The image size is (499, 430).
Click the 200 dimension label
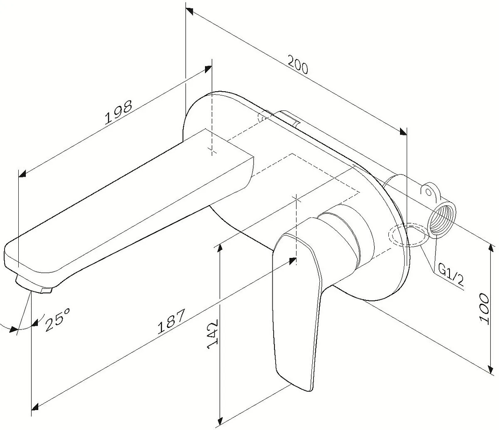[x=298, y=65]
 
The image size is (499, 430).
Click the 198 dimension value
[x=118, y=112]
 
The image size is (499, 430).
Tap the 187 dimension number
[x=171, y=321]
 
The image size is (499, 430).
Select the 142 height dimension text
[x=213, y=335]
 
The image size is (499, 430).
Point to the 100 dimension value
[x=484, y=307]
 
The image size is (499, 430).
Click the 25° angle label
[x=57, y=319]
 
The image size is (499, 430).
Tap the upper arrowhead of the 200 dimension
[x=189, y=11]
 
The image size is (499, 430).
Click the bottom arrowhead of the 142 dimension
[x=220, y=420]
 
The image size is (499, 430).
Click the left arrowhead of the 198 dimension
[x=22, y=174]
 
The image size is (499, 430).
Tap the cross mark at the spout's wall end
[x=212, y=150]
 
